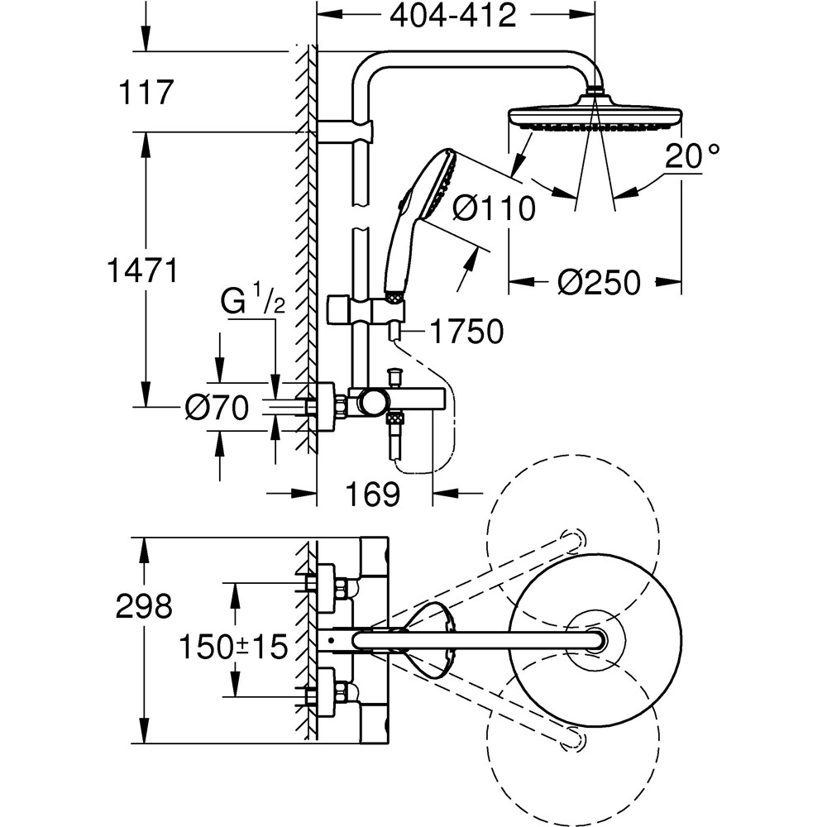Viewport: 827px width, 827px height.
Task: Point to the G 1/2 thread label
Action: coord(252,300)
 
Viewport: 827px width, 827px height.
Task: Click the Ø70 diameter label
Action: coord(217,408)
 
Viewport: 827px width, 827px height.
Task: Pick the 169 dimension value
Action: coord(374,494)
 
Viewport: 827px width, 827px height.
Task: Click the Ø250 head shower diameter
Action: coord(598,283)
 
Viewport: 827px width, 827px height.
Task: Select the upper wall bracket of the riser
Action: coord(346,131)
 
